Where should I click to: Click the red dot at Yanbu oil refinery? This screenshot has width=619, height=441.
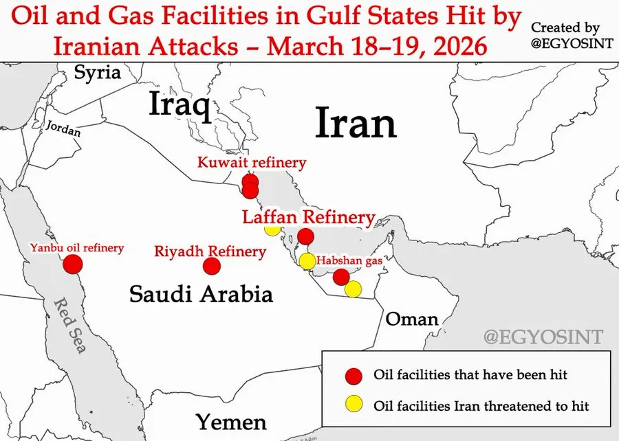73,264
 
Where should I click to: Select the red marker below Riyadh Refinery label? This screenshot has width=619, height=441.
212,266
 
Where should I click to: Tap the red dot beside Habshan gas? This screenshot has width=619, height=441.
340,277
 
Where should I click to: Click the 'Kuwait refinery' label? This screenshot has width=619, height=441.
251,163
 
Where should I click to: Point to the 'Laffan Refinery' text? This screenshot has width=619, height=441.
308,218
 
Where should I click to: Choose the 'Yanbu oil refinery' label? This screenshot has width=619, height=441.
76,247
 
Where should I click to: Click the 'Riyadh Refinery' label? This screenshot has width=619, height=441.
210,251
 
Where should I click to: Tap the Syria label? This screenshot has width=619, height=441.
97,72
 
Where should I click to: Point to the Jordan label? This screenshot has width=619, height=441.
63,128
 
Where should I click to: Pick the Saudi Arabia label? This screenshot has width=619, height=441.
201,295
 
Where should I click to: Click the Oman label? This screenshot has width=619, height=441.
411,319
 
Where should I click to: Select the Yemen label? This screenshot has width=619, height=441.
231,420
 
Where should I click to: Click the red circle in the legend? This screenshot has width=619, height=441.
354,375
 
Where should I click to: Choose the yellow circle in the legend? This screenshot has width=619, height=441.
354,405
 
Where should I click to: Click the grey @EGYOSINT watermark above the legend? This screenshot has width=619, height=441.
543,337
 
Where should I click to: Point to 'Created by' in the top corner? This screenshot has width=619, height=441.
565,27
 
